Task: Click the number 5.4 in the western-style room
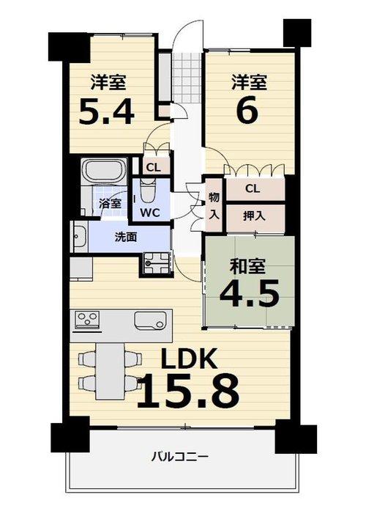click(x=107, y=112)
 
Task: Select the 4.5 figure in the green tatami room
click(x=249, y=293)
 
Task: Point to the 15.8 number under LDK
click(x=188, y=391)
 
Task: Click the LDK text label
click(x=189, y=359)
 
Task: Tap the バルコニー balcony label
click(x=180, y=457)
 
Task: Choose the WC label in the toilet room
click(x=149, y=213)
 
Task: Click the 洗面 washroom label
click(x=126, y=237)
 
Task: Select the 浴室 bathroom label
click(x=111, y=203)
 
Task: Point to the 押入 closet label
click(x=254, y=216)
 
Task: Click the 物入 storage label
click(x=214, y=206)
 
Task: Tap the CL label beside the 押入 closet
click(x=253, y=188)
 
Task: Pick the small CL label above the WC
click(x=153, y=167)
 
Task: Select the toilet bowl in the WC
click(x=148, y=191)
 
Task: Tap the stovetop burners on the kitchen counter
click(x=87, y=319)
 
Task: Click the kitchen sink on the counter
click(x=150, y=320)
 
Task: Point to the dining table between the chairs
click(x=110, y=370)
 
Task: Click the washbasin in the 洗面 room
click(x=80, y=237)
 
